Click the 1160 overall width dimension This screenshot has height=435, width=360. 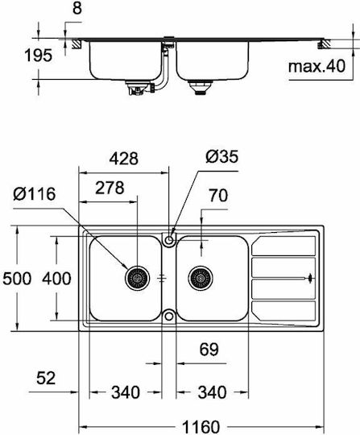click(201, 426)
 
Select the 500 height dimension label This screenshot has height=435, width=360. click(17, 278)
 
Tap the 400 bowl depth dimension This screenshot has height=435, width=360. click(56, 278)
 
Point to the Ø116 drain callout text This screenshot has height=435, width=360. click(35, 193)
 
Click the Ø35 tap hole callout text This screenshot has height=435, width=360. click(222, 156)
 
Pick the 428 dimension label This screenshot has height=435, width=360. click(124, 159)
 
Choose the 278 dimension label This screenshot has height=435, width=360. click(110, 188)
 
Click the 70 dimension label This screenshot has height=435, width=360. click(218, 195)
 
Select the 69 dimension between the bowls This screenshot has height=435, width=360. click(209, 350)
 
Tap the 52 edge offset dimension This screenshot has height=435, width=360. click(46, 378)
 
